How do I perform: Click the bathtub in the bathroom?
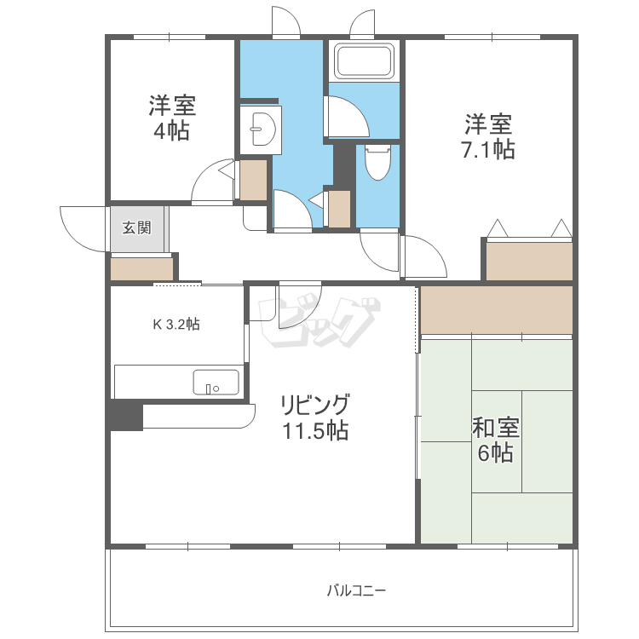pos(364,60)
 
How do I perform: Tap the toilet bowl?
pos(377,163)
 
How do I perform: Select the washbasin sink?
pos(263,129)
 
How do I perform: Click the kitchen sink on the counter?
pos(216,383)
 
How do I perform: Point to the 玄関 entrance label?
pos(137,227)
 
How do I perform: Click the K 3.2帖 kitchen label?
pos(176,325)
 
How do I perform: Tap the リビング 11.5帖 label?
pos(315,417)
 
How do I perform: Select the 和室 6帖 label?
pos(496,440)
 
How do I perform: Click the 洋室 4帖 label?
pos(172,118)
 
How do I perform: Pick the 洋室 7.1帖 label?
pos(488,136)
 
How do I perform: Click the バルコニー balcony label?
pos(356,590)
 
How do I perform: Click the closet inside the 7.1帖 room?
pos(529,262)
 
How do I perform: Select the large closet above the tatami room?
pos(497,310)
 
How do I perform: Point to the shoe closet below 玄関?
pos(141,269)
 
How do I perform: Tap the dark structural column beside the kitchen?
pos(126,415)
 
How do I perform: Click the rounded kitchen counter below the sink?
pos(199,416)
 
